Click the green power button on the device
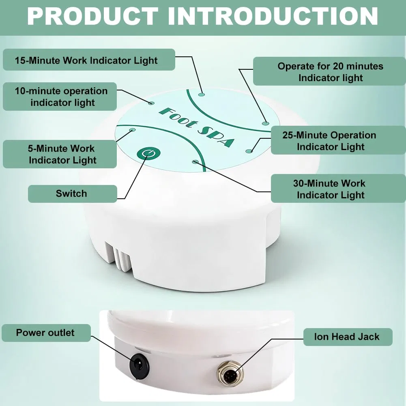point(148,153)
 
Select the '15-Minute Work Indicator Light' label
point(89,60)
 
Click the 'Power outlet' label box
point(46,333)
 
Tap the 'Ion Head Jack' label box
point(348,337)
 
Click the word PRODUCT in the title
point(93,16)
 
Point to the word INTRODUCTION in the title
point(273,16)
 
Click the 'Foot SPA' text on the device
point(197,127)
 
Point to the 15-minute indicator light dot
point(202,95)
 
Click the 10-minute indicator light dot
point(151,103)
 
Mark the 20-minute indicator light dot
point(265,123)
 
